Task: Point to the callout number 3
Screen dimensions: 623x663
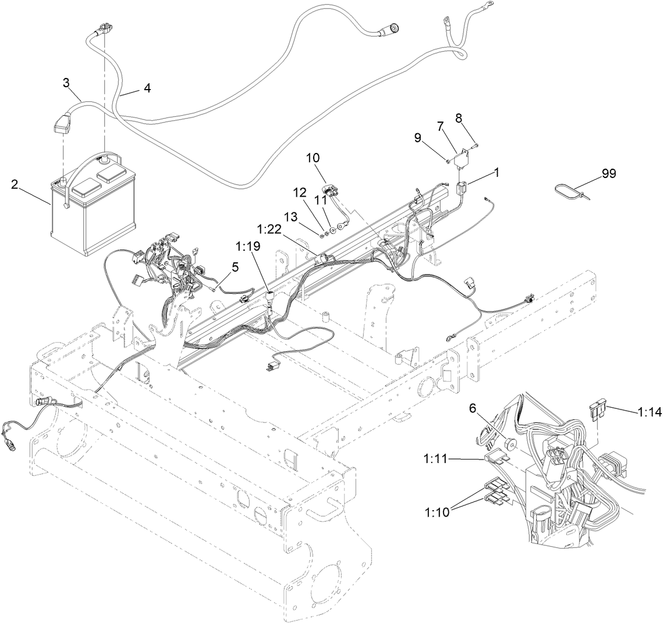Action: tap(67, 82)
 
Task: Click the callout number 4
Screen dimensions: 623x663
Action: tap(147, 88)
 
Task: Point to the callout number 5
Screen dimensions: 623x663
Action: tap(235, 268)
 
